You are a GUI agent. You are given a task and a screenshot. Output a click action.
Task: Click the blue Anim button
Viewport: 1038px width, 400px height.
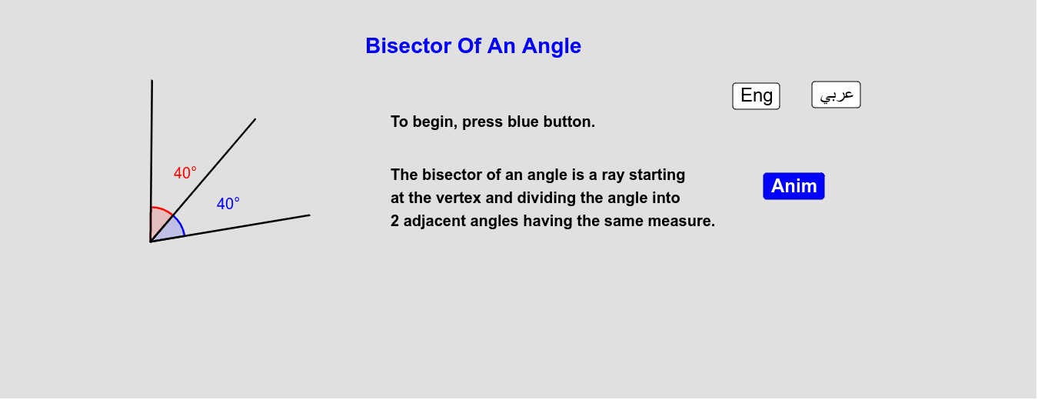click(x=793, y=186)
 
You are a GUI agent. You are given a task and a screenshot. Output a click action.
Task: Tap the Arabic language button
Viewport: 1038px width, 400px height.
click(x=836, y=95)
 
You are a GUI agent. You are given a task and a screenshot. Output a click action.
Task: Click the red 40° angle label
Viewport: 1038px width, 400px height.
click(x=185, y=173)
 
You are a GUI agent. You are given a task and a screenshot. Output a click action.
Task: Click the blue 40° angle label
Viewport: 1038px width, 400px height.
click(x=228, y=204)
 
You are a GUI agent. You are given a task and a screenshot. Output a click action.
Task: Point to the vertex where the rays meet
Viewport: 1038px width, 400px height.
click(x=151, y=242)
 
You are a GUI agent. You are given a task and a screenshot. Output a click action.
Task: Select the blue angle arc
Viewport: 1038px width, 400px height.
click(x=181, y=225)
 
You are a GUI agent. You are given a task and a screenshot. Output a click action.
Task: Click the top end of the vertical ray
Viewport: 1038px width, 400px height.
click(x=152, y=82)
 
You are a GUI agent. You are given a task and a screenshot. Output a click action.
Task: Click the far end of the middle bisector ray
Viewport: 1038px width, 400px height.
click(x=255, y=120)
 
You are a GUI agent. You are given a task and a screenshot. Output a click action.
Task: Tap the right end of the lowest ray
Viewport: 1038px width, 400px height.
click(x=308, y=215)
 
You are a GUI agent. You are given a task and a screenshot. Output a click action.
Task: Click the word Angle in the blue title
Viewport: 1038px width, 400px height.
click(x=551, y=46)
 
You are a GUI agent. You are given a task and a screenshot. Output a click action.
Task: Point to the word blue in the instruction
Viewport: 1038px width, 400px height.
click(x=524, y=122)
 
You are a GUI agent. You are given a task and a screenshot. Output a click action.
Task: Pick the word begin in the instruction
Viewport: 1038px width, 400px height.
click(x=432, y=122)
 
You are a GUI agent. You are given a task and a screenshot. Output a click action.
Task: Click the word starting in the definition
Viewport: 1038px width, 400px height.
click(x=657, y=175)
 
